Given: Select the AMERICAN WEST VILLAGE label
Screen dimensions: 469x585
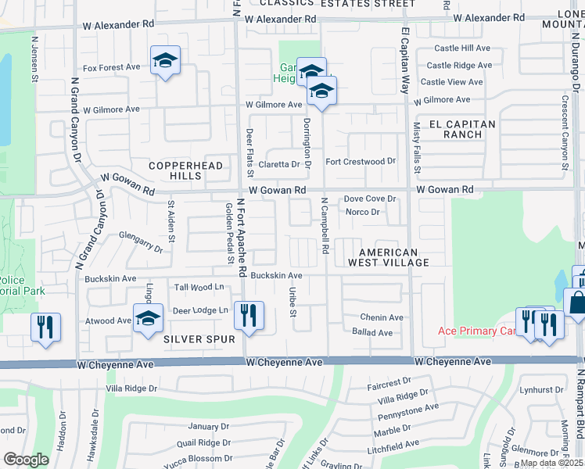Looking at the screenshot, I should point(394,257).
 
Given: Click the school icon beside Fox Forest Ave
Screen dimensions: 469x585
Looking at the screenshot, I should point(165,61).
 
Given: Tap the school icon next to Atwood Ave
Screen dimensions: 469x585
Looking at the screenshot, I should point(148,319).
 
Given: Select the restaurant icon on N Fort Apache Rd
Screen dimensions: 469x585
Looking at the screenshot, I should point(249,315).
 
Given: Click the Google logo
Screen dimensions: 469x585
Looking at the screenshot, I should point(26,460).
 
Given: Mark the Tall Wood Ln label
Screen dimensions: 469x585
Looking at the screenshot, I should point(199,288).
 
